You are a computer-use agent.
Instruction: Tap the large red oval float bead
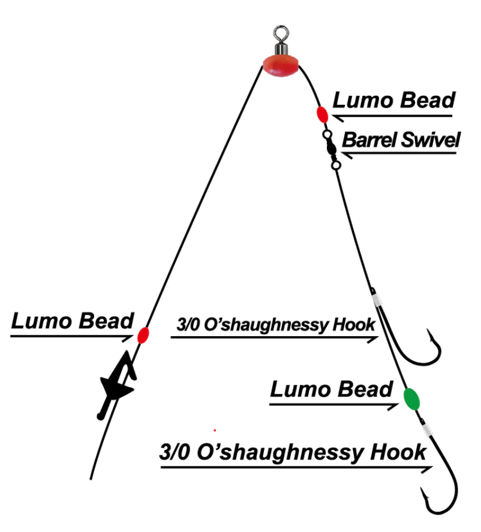tap(281, 65)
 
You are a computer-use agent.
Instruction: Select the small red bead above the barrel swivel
tap(322, 114)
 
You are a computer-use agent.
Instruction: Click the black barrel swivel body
tap(331, 148)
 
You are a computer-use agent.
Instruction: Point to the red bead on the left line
tap(143, 335)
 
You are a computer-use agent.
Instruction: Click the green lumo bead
tap(411, 399)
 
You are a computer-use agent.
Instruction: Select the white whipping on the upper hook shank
tap(376, 300)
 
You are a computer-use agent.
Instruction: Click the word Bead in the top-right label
tap(428, 100)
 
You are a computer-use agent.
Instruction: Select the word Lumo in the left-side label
tap(41, 321)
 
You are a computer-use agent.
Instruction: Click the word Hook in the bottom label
tap(398, 452)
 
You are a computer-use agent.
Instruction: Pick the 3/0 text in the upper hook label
tap(188, 325)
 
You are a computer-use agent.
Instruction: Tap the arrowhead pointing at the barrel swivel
tap(347, 155)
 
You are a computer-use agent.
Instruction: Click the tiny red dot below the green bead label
tap(215, 430)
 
